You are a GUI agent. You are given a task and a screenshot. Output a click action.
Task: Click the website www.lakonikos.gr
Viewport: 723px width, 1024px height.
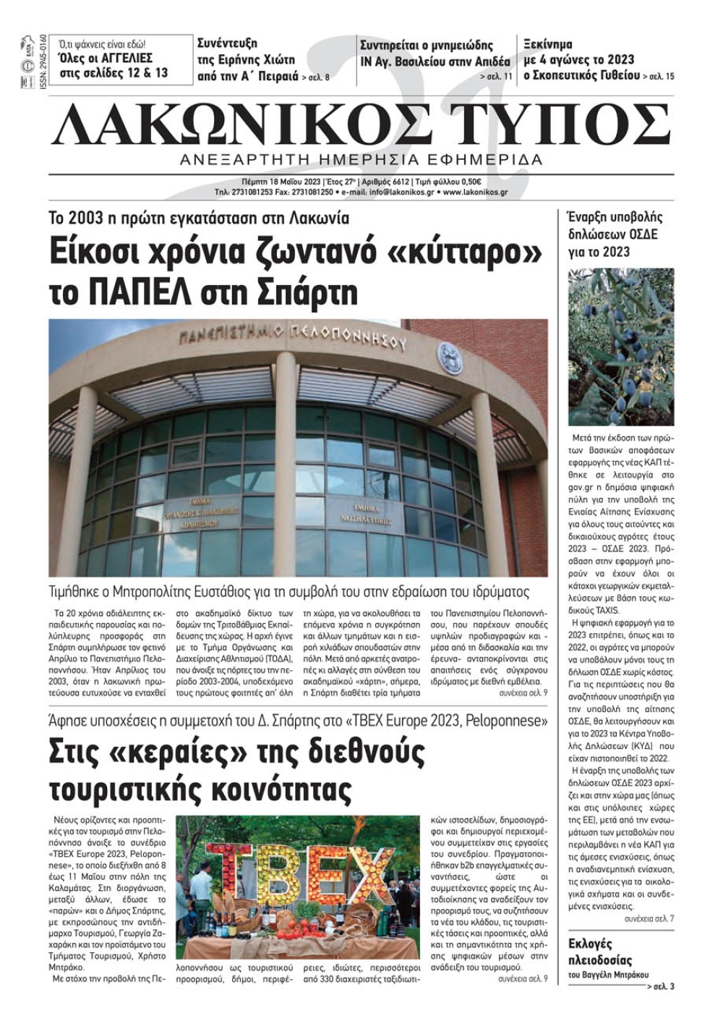pos(475,192)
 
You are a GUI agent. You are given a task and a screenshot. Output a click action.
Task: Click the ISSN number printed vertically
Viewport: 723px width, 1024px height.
pos(43,62)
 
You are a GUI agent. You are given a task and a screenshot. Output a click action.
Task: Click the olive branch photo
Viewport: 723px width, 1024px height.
pos(621,347)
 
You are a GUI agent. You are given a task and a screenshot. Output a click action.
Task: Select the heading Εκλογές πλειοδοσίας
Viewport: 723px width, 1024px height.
pos(600,952)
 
